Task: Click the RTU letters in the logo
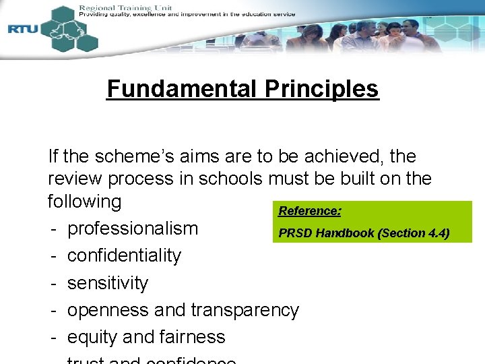(22, 29)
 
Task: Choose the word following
(84, 202)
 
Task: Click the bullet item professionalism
(133, 229)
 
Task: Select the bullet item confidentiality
(125, 255)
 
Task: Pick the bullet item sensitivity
(108, 282)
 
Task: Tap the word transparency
(245, 309)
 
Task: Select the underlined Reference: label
(310, 211)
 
